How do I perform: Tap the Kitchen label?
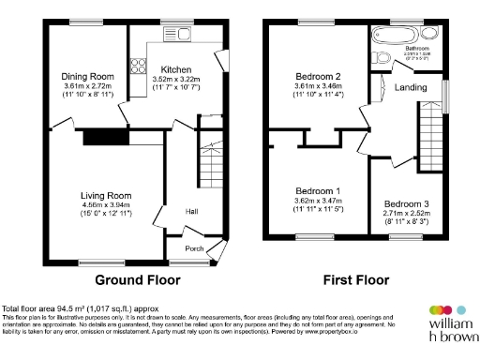[x=176, y=69]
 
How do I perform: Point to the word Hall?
[x=191, y=211]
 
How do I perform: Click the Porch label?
[x=193, y=248]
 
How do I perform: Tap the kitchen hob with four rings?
[x=137, y=66]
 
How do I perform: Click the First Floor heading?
[x=356, y=279]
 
